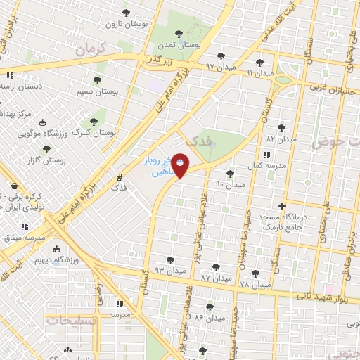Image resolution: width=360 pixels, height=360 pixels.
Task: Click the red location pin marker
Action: [x=180, y=165]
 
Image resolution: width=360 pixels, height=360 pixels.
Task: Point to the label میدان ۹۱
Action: [x=259, y=73]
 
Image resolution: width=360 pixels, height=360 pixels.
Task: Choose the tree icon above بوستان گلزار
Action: [x=46, y=149]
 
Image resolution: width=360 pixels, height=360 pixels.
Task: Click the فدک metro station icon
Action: [x=120, y=176]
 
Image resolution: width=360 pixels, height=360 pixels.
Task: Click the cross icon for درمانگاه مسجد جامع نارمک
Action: [x=282, y=207]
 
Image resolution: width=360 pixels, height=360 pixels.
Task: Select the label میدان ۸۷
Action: [x=215, y=278]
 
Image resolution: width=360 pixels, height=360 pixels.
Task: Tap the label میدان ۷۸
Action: [x=255, y=285]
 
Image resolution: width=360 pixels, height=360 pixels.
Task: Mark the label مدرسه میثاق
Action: [x=25, y=238]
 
